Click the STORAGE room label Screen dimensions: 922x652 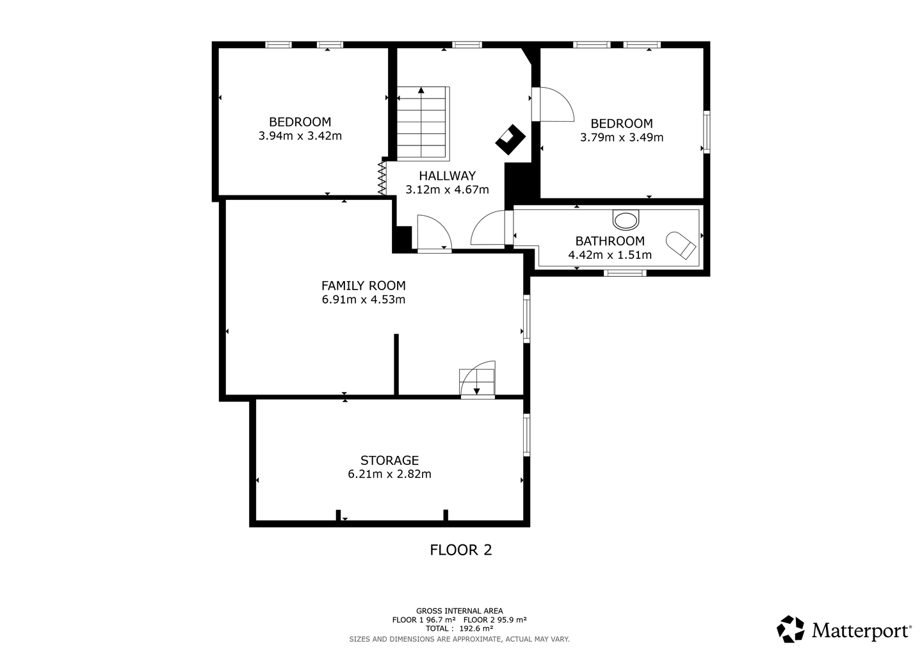(x=389, y=460)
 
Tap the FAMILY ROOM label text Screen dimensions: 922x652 (x=364, y=286)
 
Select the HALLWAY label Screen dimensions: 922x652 (x=448, y=175)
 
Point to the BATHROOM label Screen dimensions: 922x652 (x=610, y=241)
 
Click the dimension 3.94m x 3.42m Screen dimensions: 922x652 (x=300, y=136)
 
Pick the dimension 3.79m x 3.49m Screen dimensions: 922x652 (x=622, y=138)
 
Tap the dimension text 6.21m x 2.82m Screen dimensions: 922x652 (x=389, y=474)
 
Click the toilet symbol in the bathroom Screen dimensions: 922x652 (x=626, y=220)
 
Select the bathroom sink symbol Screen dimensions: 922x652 (x=681, y=245)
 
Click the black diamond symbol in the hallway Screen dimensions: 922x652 (x=510, y=140)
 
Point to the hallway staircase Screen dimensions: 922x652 (x=423, y=124)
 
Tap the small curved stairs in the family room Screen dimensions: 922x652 (x=478, y=380)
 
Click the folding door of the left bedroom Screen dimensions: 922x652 (x=382, y=178)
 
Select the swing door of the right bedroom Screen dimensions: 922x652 (x=553, y=104)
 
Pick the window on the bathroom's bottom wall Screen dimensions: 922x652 (x=625, y=272)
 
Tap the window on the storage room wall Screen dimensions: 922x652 (x=526, y=435)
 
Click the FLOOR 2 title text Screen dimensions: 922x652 (x=460, y=550)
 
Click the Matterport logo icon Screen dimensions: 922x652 (x=790, y=629)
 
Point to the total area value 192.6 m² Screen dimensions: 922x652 (x=476, y=628)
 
